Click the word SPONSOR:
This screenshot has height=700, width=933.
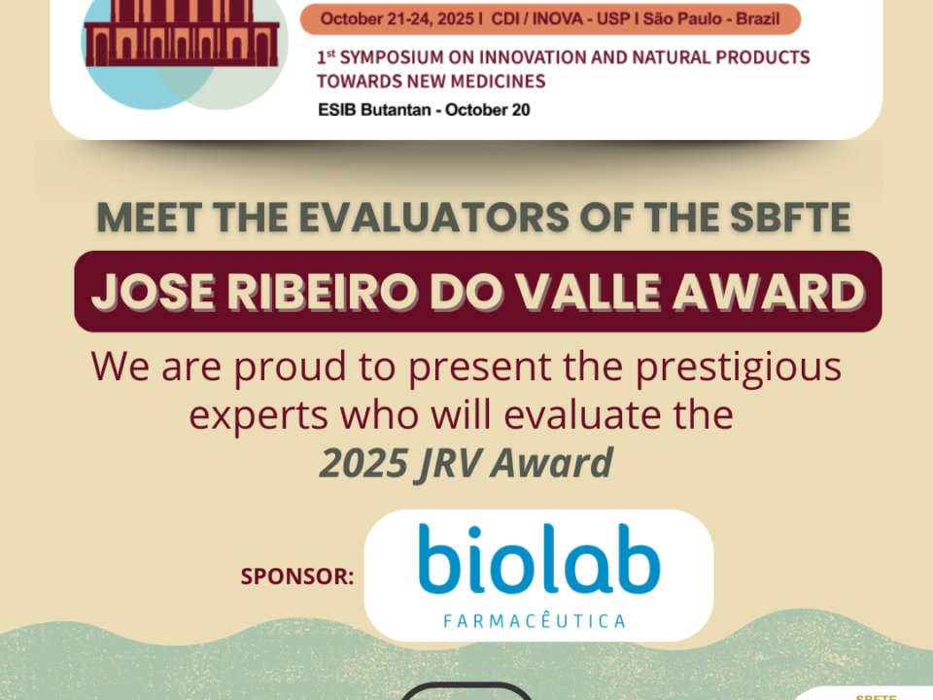(297, 577)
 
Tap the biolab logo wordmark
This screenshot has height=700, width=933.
(539, 560)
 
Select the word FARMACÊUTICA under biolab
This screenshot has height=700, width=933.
(535, 621)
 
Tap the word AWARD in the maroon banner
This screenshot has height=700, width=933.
(768, 293)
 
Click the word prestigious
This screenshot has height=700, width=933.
(739, 367)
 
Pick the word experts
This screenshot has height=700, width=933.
(259, 416)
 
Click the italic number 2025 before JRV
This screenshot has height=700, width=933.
(363, 463)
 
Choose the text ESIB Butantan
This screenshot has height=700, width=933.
(374, 110)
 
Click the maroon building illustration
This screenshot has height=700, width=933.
(182, 33)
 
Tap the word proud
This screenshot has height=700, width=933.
(290, 367)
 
